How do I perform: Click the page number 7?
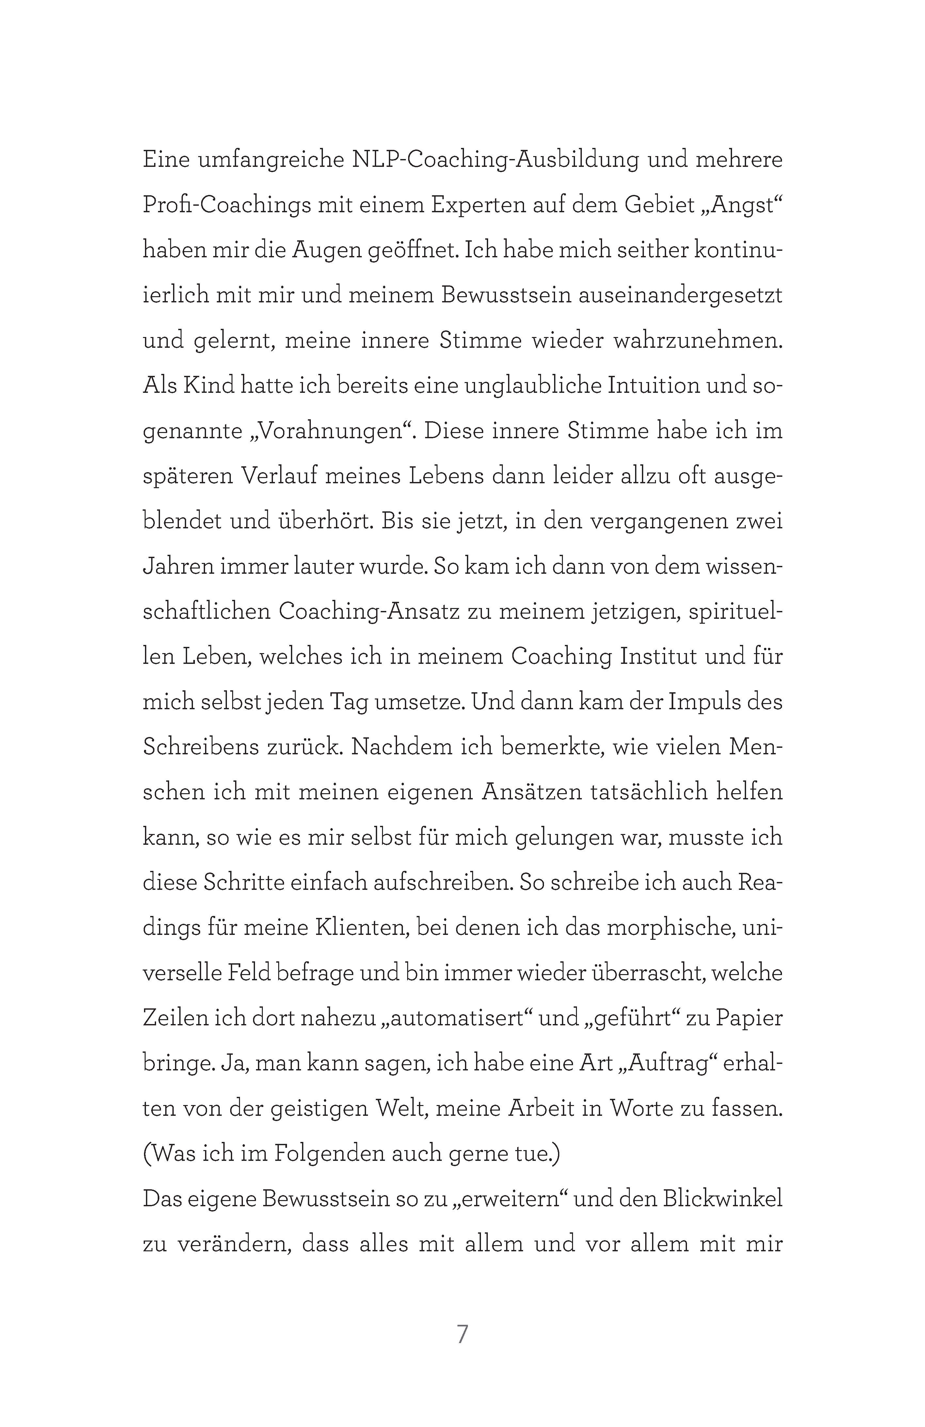pos(462,1335)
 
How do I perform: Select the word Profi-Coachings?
pos(227,206)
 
